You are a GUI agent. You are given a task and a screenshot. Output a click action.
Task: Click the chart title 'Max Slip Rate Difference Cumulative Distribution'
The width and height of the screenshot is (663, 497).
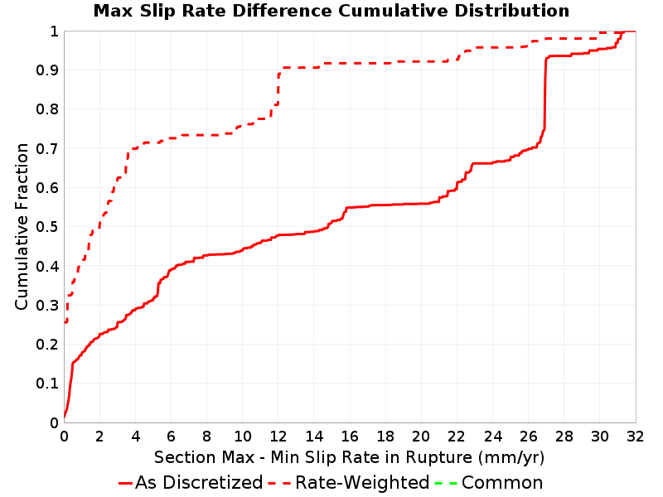tap(331, 11)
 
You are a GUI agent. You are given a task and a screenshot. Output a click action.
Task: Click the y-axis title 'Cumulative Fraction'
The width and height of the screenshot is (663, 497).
tap(22, 226)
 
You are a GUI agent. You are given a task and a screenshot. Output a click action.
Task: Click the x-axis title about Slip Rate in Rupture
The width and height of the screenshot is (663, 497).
tap(349, 457)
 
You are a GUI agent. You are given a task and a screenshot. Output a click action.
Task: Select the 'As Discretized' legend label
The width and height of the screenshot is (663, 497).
tap(199, 483)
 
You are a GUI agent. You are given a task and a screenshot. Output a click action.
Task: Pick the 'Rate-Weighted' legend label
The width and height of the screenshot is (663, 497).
tap(362, 483)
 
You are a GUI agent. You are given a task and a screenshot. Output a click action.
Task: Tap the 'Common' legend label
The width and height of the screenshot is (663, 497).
tap(502, 483)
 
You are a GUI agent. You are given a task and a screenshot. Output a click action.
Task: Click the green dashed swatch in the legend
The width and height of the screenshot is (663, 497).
tap(446, 483)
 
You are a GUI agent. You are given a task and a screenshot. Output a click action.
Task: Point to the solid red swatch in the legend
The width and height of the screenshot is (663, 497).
tap(126, 483)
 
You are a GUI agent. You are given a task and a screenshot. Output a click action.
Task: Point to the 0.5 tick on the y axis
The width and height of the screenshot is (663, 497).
tap(47, 226)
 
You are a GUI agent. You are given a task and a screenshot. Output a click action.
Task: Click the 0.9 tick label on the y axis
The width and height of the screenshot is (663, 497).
tap(47, 70)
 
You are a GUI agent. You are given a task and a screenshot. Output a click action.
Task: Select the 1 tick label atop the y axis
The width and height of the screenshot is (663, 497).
tap(54, 31)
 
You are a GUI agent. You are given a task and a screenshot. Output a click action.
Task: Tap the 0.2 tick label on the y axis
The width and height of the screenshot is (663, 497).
tap(47, 344)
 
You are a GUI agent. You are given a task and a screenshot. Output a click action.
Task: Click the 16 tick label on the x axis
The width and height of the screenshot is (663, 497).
tap(350, 437)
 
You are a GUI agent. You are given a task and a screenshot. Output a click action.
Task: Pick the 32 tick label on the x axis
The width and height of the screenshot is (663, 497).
tap(636, 437)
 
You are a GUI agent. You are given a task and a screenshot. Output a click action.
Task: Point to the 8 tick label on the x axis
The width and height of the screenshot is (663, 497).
tap(206, 437)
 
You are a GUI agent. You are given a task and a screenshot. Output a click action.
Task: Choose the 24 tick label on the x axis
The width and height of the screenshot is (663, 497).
tap(492, 437)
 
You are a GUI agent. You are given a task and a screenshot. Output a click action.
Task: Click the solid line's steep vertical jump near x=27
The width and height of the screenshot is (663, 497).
tap(545, 93)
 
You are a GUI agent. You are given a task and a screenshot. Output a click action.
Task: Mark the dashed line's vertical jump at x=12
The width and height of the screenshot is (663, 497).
tap(278, 89)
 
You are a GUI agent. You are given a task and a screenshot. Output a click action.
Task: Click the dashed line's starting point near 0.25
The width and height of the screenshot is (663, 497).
tap(65, 322)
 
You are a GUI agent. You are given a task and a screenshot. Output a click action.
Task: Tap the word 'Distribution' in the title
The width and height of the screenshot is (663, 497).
tap(512, 11)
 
